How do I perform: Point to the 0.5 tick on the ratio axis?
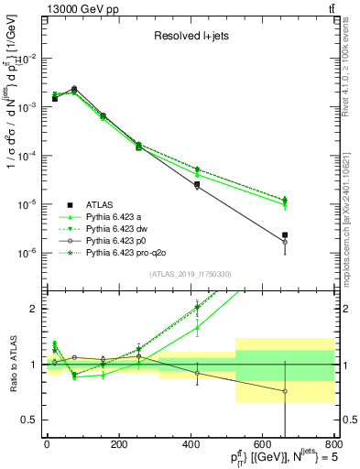34,420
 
